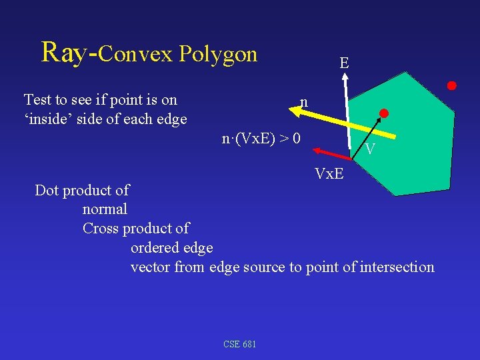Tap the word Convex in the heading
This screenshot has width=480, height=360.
(x=138, y=53)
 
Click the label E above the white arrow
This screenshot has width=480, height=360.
(x=343, y=63)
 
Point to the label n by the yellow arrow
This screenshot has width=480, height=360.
(x=303, y=102)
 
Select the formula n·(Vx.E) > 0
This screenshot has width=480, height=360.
(x=261, y=139)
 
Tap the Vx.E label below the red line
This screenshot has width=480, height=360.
(x=329, y=174)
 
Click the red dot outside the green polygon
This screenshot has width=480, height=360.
(x=451, y=86)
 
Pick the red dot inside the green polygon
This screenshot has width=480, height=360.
(x=384, y=114)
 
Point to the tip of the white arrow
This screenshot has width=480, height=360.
(x=345, y=75)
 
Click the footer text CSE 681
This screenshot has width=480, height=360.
(x=240, y=344)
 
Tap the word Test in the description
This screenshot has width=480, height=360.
(x=37, y=100)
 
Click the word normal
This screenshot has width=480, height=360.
(x=105, y=209)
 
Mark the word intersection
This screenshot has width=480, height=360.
(x=397, y=267)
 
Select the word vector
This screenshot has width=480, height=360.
(x=151, y=267)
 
